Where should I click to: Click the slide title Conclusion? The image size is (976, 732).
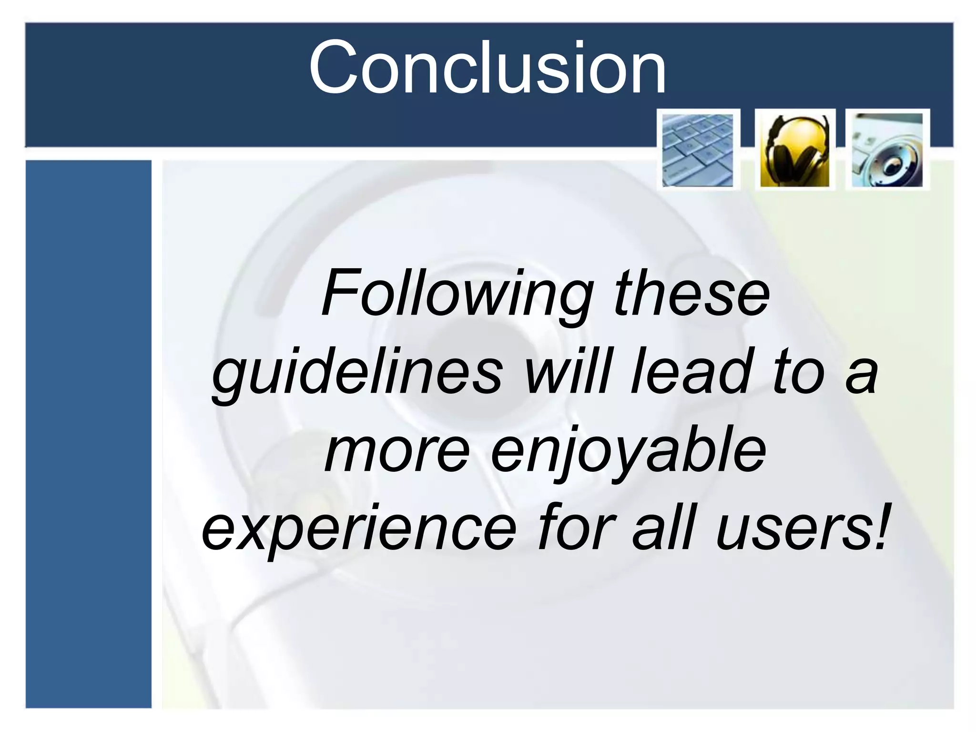tap(487, 68)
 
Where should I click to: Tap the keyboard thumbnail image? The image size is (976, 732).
tap(698, 150)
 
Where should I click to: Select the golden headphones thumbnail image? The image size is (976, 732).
tap(794, 150)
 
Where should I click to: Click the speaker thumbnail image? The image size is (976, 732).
tap(887, 150)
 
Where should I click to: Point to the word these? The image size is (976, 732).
tap(692, 294)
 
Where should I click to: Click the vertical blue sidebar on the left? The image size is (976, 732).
tap(88, 434)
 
